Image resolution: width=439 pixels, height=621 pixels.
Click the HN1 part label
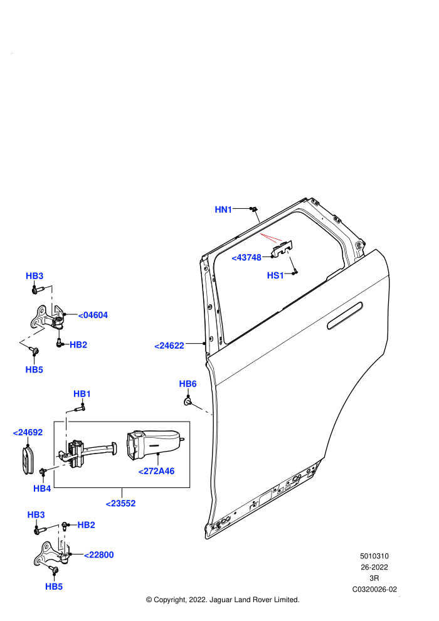[x=223, y=210]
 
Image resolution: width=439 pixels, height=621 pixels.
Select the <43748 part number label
[x=246, y=257]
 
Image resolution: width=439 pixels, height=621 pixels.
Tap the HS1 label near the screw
[x=275, y=275]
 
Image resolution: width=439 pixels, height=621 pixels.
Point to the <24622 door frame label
[x=169, y=346]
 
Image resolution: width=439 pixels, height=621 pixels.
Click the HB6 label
[x=188, y=384]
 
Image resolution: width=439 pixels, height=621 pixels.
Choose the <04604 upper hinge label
[x=93, y=316]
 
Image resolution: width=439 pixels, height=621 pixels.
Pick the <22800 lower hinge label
[x=99, y=555]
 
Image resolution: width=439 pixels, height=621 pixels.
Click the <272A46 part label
[x=156, y=471]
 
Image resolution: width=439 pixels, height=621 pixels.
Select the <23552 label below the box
[x=121, y=503]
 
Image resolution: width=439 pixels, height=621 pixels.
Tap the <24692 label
[x=28, y=432]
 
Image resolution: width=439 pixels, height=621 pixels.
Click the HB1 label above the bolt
[x=82, y=394]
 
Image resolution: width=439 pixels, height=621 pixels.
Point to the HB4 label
[x=42, y=488]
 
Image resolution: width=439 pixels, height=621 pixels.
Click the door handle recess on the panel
[x=345, y=316]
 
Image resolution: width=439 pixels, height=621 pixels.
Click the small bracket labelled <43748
[x=282, y=248]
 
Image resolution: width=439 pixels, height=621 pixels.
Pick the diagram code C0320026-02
[x=374, y=589]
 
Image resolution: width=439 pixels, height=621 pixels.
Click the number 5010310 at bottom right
[x=374, y=556]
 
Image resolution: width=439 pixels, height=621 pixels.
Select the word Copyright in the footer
[x=170, y=600]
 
